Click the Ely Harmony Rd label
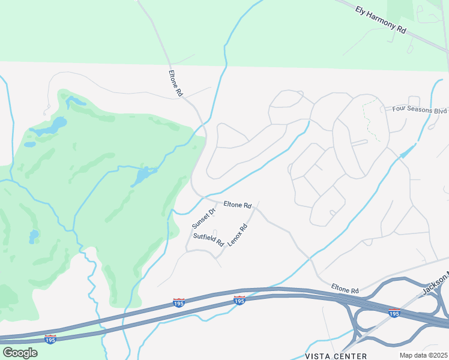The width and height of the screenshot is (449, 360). point(381,20)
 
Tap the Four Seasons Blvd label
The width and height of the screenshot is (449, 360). point(420,110)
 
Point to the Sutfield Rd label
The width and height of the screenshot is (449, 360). point(208,239)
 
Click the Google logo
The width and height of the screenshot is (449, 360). point(20,353)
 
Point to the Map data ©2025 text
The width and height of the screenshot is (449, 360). point(423,355)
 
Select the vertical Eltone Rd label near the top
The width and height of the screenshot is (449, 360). point(175,84)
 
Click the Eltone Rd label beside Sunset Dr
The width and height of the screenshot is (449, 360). point(237,205)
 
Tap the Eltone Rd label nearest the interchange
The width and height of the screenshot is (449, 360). point(345,290)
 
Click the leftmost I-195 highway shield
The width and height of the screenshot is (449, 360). point(50,340)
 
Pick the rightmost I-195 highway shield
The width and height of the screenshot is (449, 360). point(394,313)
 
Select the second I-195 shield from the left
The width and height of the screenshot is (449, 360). point(179,303)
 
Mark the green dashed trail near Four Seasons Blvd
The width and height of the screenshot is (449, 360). point(372,120)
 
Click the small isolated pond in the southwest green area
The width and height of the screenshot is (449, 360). point(34,236)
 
